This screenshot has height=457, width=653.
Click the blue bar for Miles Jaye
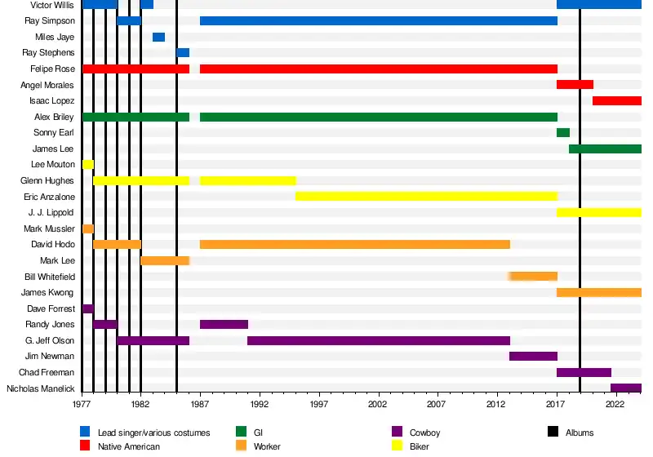click(158, 37)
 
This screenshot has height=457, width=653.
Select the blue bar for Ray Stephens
click(183, 53)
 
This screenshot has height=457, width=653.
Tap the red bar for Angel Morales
click(575, 85)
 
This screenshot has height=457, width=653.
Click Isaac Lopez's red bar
click(616, 100)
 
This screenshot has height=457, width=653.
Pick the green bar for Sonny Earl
click(563, 132)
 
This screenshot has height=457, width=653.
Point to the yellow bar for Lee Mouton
click(88, 164)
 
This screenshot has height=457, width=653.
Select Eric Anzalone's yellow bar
click(426, 197)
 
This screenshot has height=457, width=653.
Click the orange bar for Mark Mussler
click(88, 228)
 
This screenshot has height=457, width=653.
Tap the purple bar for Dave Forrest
click(88, 308)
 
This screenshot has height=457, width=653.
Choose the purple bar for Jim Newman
click(533, 356)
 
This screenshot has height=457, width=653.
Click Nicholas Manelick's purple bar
click(625, 388)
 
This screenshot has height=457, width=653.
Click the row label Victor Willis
click(51, 5)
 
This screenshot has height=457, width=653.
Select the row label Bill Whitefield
click(49, 277)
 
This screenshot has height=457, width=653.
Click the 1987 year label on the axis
click(200, 403)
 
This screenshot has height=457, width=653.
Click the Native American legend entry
click(129, 446)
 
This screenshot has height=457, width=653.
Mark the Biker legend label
click(417, 446)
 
